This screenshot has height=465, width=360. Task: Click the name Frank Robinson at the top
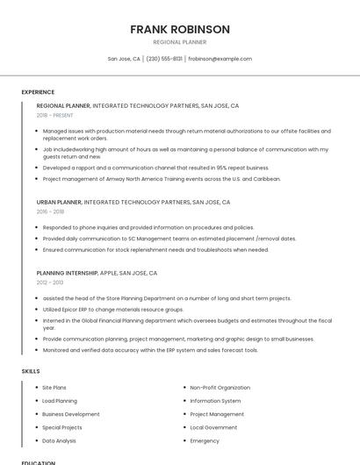pyautogui.click(x=180, y=29)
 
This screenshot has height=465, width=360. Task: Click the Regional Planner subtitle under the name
pyautogui.click(x=180, y=42)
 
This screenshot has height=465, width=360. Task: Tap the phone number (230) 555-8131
pyautogui.click(x=164, y=59)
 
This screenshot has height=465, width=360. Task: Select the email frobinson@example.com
pyautogui.click(x=220, y=59)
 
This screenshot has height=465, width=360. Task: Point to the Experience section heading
pyautogui.click(x=38, y=92)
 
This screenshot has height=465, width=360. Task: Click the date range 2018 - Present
pyautogui.click(x=54, y=115)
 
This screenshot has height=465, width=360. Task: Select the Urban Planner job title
pyautogui.click(x=59, y=202)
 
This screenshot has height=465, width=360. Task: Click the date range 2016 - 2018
pyautogui.click(x=50, y=211)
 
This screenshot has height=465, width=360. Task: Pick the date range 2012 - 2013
pyautogui.click(x=50, y=283)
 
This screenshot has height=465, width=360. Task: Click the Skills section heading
pyautogui.click(x=31, y=371)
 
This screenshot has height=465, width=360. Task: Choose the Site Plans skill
pyautogui.click(x=54, y=387)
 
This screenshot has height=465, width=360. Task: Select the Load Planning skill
pyautogui.click(x=60, y=401)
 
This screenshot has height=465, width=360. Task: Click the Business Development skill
pyautogui.click(x=71, y=414)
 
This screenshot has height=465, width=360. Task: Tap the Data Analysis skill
pyautogui.click(x=59, y=440)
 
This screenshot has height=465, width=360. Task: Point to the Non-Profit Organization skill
pyautogui.click(x=220, y=387)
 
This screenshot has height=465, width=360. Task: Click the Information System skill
pyautogui.click(x=216, y=401)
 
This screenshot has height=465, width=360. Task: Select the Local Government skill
pyautogui.click(x=213, y=427)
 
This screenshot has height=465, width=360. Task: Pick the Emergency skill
pyautogui.click(x=205, y=440)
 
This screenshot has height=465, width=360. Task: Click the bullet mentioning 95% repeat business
pyautogui.click(x=155, y=168)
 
